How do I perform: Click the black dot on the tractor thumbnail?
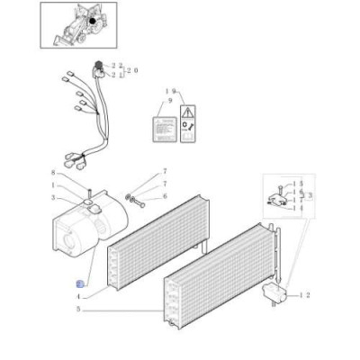[x=92, y=21]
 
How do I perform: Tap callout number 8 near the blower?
[x=53, y=172]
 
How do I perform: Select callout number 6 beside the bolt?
[x=165, y=196]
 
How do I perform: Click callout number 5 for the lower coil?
[x=79, y=310]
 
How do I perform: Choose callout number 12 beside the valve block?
[x=306, y=295]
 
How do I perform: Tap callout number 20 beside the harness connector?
[x=133, y=70]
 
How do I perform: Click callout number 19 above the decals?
[x=169, y=92]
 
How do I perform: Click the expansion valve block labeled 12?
[x=274, y=292]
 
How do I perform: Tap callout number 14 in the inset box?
[x=300, y=209]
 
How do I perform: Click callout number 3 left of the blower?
[x=53, y=198]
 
